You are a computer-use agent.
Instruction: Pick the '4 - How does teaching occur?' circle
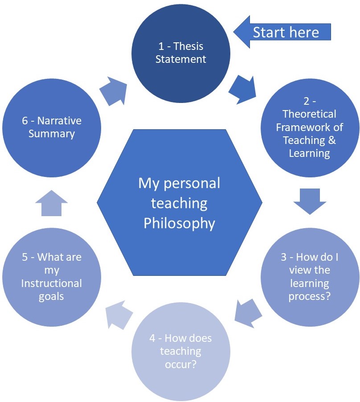[180, 352]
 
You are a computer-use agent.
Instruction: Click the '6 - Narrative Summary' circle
[52, 127]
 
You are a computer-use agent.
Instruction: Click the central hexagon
[180, 203]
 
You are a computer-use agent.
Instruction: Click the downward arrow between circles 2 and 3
[310, 201]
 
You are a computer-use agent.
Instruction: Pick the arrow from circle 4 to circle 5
[119, 313]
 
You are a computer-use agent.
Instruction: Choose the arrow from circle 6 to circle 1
[113, 90]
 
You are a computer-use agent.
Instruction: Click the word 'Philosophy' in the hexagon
[179, 223]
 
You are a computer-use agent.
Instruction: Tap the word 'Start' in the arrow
[268, 32]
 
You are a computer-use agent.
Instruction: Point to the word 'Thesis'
[191, 46]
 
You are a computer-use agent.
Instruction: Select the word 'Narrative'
[60, 121]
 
